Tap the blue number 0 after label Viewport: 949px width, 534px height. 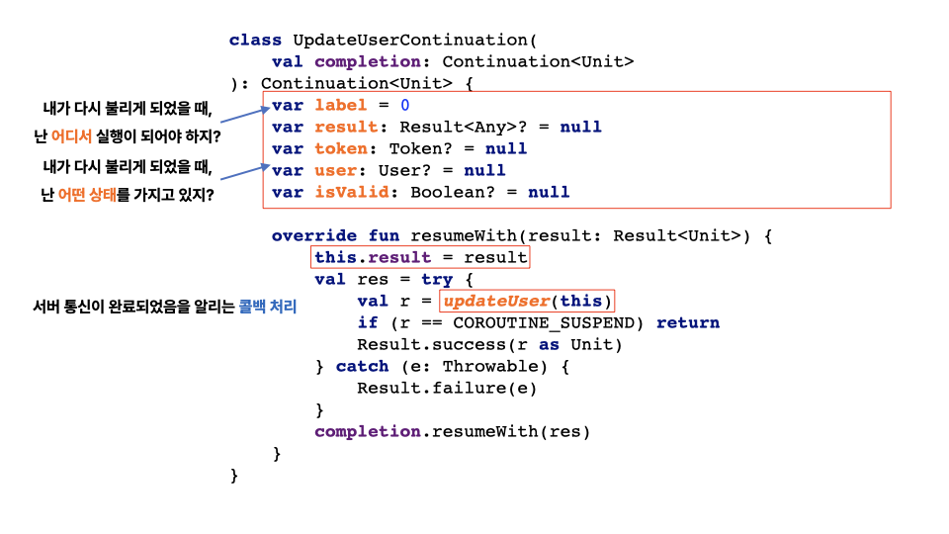(x=405, y=106)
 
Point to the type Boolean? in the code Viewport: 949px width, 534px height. (x=453, y=193)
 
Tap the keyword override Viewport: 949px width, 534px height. (x=314, y=236)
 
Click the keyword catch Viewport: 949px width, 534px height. (x=362, y=367)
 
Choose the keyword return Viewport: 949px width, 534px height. (x=688, y=323)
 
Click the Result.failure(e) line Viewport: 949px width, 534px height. (x=447, y=389)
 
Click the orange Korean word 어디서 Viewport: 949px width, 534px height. (x=71, y=135)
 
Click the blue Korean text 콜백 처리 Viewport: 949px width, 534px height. (x=267, y=308)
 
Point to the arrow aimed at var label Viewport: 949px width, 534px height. (x=243, y=114)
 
